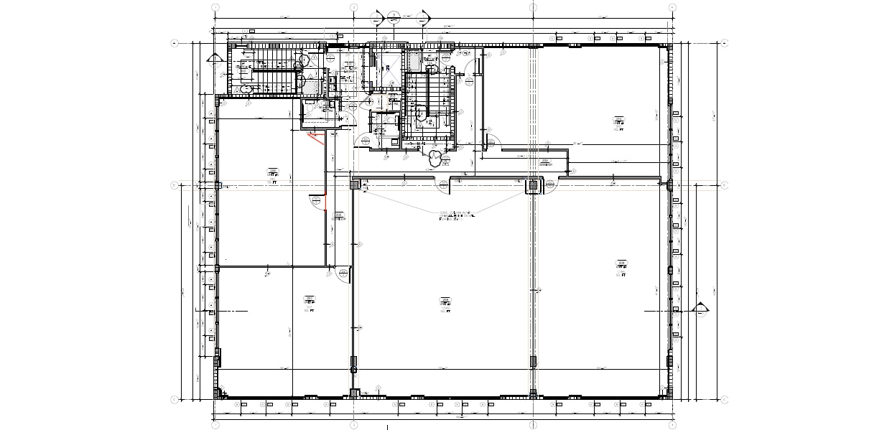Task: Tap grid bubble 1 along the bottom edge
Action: click(x=215, y=424)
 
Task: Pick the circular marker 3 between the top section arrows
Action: click(x=394, y=15)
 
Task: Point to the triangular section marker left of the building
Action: click(x=213, y=59)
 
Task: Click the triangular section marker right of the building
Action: click(x=700, y=309)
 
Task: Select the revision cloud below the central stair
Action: click(x=435, y=156)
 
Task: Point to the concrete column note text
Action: click(x=455, y=215)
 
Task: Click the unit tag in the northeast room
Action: click(x=618, y=120)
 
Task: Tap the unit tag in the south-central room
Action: click(x=445, y=304)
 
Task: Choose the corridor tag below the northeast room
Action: click(x=546, y=162)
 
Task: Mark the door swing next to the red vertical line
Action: click(x=315, y=201)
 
